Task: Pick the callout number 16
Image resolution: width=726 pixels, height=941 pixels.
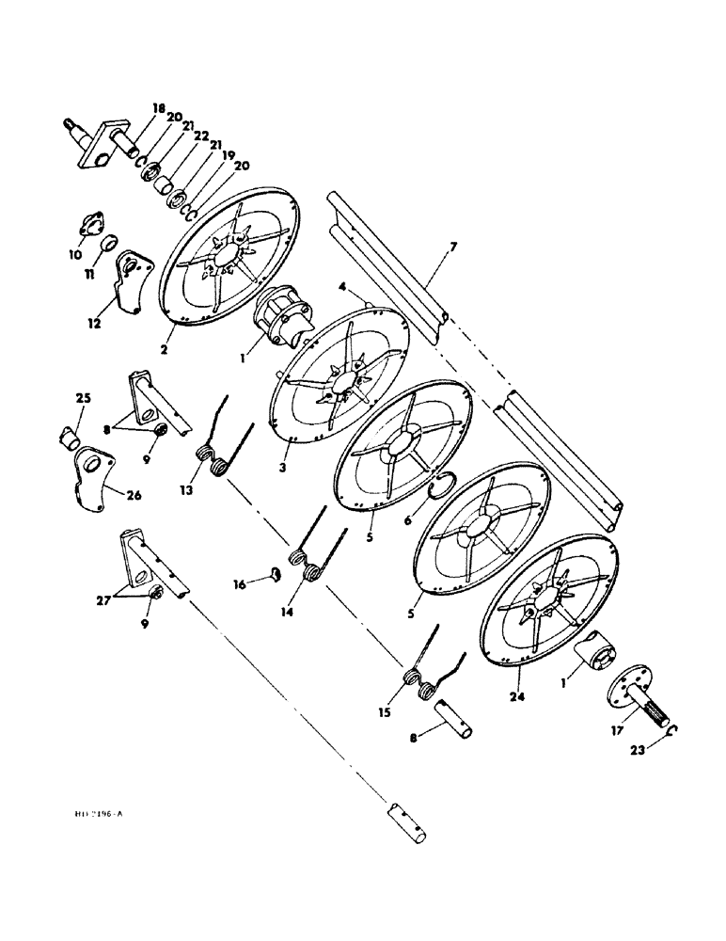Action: coord(240,584)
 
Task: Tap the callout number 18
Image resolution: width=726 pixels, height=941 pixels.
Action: coord(157,109)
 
